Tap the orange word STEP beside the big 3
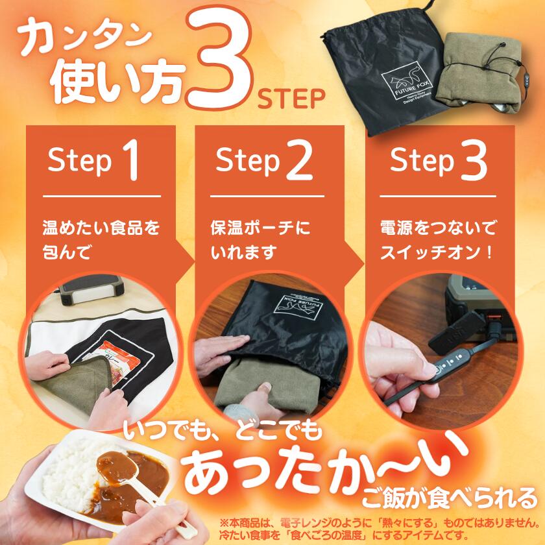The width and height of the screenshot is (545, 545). tap(291, 99)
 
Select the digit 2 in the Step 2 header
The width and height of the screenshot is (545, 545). tap(299, 160)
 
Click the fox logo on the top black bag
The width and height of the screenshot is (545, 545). tap(406, 81)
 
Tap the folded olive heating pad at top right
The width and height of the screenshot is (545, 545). tap(479, 72)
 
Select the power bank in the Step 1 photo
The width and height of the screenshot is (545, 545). tap(91, 289)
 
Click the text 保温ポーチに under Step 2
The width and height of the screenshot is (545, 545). tap(260, 228)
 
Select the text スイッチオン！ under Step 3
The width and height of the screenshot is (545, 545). tap(437, 252)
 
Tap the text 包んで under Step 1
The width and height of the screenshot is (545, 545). tap(67, 252)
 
